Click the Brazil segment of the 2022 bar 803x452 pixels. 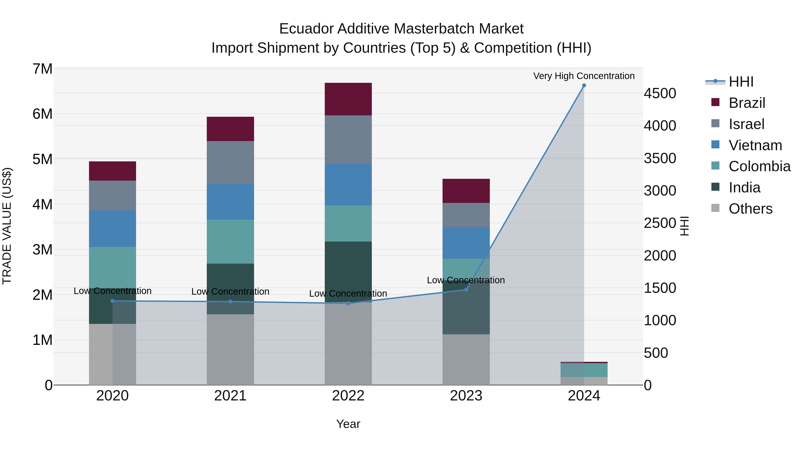click(348, 99)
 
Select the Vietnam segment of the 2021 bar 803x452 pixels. click(230, 202)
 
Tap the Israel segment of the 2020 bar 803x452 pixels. click(113, 196)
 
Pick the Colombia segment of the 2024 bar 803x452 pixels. click(584, 370)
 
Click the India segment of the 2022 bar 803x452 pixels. click(348, 271)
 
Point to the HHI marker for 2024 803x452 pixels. click(584, 85)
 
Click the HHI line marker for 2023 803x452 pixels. click(466, 290)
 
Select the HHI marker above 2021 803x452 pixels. click(230, 302)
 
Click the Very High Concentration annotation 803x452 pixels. click(584, 76)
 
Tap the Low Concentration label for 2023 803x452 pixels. click(466, 280)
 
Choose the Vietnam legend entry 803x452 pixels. click(755, 145)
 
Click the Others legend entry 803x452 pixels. click(750, 209)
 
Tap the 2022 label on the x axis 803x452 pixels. click(348, 396)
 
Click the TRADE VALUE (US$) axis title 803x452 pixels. click(7, 226)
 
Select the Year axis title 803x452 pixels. click(348, 424)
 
